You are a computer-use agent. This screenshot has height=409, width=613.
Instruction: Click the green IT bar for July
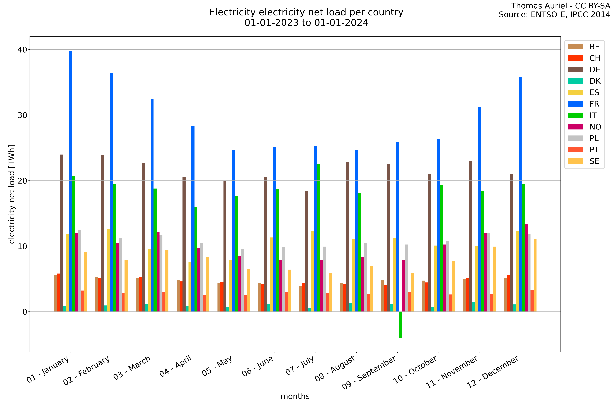coord(319,237)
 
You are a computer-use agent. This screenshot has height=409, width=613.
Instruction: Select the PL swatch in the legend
coord(575,138)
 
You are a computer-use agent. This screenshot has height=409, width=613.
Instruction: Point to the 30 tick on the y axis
coord(22,115)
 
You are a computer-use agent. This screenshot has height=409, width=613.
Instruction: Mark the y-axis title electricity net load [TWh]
coord(12,194)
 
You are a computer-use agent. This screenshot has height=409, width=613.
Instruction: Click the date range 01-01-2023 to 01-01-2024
coord(306,23)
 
